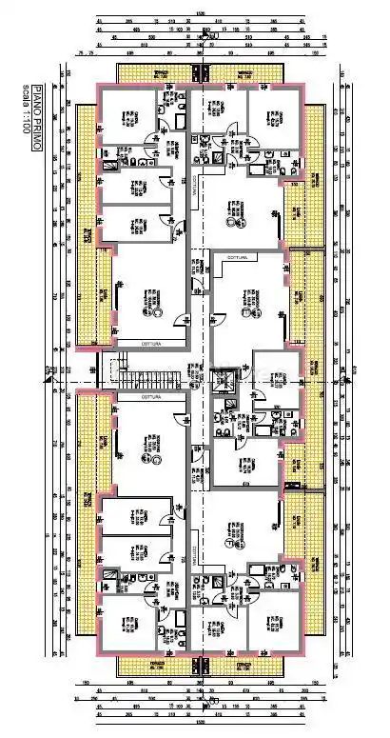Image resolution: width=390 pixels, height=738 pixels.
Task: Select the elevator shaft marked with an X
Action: pos(224,382)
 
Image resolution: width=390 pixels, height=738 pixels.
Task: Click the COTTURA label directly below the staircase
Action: pos(151,396)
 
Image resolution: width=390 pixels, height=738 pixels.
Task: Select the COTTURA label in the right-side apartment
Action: pos(236,259)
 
